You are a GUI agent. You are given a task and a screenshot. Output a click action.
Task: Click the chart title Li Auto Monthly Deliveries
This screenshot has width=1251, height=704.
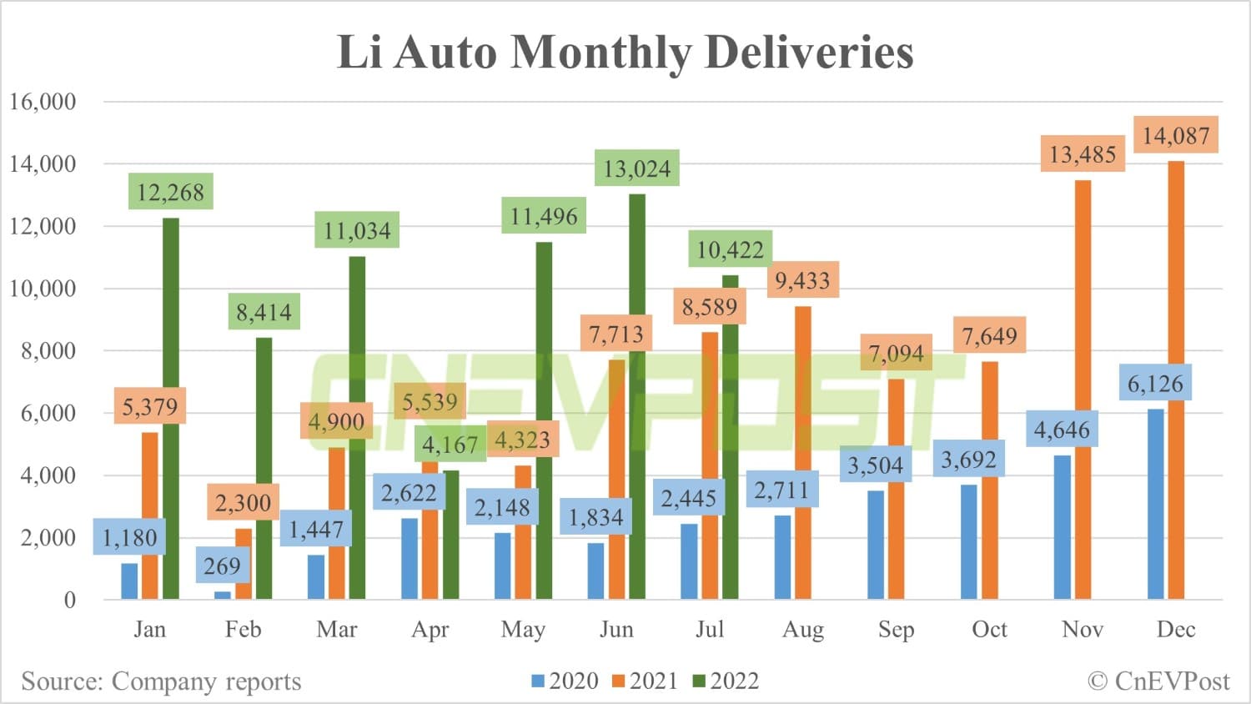click(625, 52)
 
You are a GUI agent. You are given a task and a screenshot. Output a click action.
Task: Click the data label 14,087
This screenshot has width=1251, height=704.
click(1176, 135)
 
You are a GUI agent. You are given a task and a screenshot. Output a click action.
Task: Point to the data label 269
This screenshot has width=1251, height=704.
click(222, 566)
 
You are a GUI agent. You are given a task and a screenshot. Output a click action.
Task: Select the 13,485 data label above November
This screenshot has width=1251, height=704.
click(1083, 154)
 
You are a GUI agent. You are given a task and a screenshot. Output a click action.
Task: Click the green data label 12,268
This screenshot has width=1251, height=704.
click(170, 192)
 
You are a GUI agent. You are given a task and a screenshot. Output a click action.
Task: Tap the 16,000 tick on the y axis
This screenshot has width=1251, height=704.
click(43, 102)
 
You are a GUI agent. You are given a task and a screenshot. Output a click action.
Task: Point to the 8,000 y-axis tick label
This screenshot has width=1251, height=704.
click(48, 351)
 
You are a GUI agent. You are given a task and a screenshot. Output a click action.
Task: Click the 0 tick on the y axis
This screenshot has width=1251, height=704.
click(69, 600)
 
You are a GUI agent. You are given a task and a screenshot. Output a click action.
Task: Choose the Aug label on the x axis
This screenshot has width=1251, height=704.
click(802, 630)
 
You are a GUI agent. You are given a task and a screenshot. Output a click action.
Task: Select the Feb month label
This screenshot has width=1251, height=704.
click(243, 630)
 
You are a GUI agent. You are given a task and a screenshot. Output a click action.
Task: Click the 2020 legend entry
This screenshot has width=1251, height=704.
click(565, 681)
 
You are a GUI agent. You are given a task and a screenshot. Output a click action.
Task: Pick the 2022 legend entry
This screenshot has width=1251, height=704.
click(726, 681)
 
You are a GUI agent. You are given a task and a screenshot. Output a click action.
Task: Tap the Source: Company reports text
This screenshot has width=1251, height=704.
click(161, 681)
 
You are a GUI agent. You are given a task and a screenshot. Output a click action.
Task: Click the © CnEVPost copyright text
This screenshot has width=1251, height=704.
click(1158, 681)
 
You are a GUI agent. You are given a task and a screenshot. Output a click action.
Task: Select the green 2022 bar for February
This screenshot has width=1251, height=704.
click(264, 468)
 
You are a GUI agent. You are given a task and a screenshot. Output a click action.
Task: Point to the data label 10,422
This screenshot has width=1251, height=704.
click(730, 249)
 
